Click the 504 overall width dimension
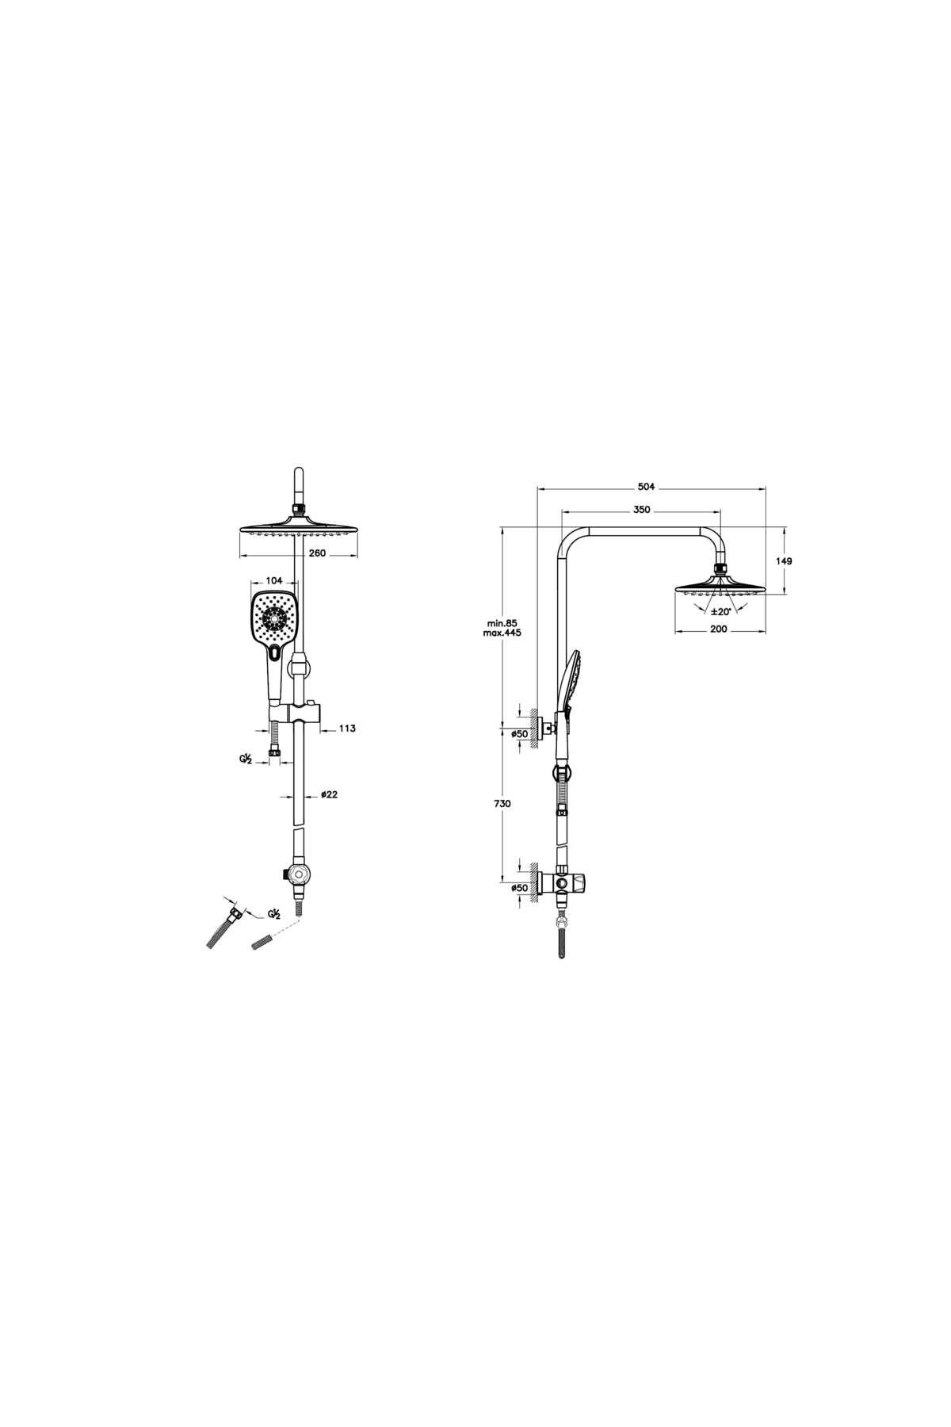pyautogui.click(x=647, y=487)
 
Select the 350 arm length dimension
pyautogui.click(x=642, y=510)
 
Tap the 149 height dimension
pyautogui.click(x=785, y=560)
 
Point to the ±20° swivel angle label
pyautogui.click(x=720, y=611)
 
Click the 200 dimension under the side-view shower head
pyautogui.click(x=719, y=629)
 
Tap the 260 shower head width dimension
pyautogui.click(x=316, y=553)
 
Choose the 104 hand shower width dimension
pyautogui.click(x=274, y=582)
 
